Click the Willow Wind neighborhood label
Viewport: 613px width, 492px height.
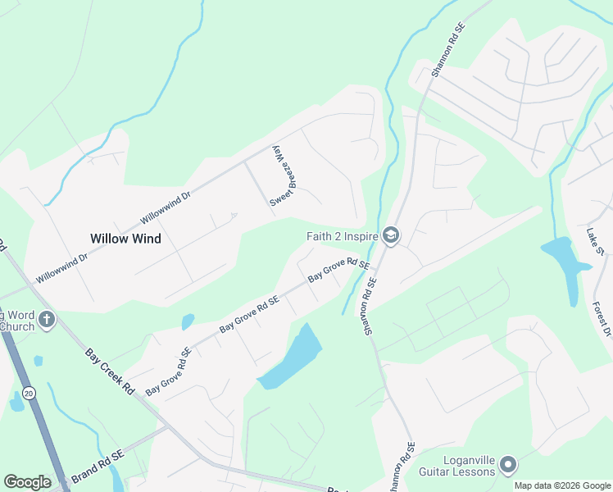coord(125,239)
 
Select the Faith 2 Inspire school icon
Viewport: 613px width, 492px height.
coord(390,237)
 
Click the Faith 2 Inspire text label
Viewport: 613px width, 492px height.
coord(342,237)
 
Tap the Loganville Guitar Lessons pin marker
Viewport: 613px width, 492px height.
coord(508,466)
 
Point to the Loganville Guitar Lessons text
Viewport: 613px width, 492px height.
coord(456,466)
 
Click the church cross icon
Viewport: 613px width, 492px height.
coord(47,320)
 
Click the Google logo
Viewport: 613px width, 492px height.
coord(27,482)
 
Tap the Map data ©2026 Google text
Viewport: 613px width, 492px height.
coord(562,485)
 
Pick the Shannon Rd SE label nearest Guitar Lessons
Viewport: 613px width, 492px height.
coord(404,468)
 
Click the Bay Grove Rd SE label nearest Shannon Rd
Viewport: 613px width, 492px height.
coord(338,271)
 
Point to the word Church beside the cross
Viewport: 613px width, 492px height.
coord(17,326)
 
